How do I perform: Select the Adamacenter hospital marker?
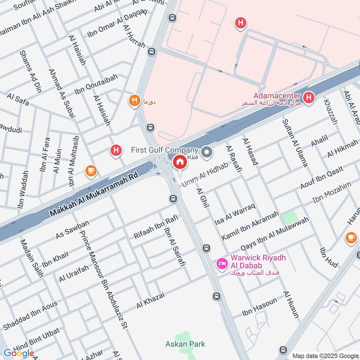click(x=309, y=97)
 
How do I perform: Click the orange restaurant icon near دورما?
click(x=134, y=101)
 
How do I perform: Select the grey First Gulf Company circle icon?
click(x=207, y=153)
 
